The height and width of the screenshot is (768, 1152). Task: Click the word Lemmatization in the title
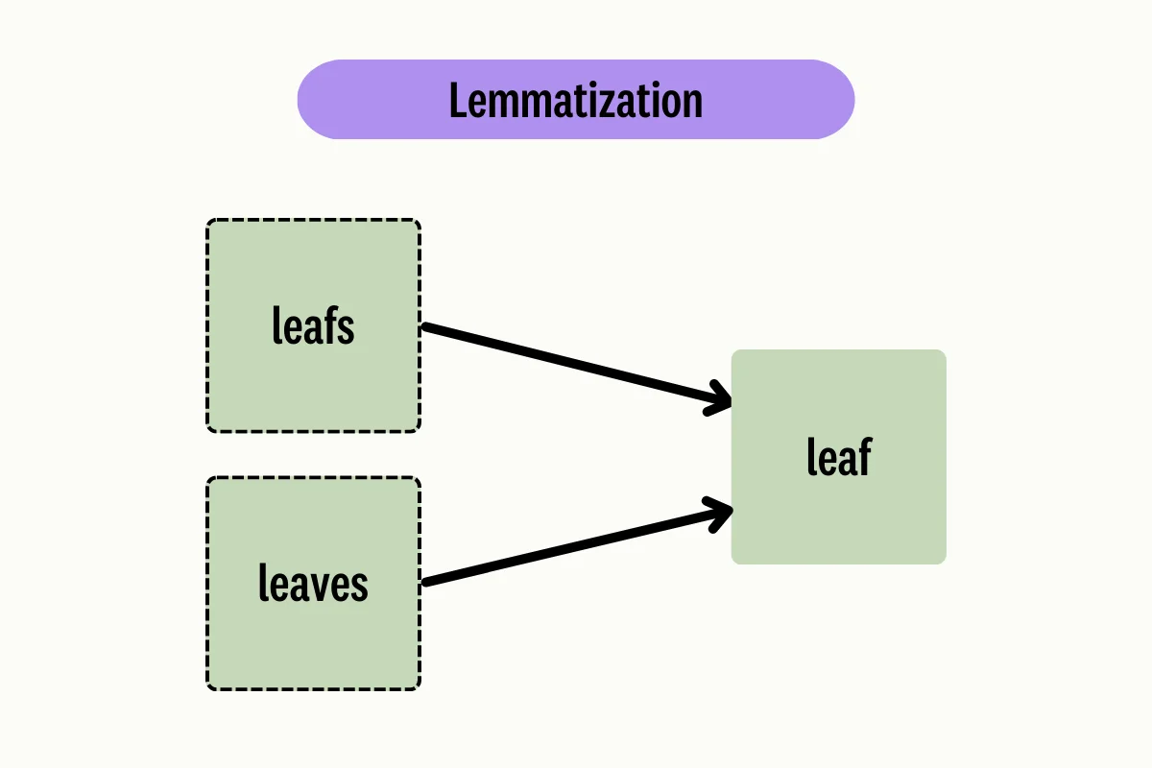pyautogui.click(x=576, y=101)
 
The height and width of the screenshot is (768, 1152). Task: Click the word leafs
pyautogui.click(x=313, y=326)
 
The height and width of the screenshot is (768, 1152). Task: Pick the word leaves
pyautogui.click(x=313, y=584)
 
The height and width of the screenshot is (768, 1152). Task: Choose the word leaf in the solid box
pyautogui.click(x=838, y=457)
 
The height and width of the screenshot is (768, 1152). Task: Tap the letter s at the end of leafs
pyautogui.click(x=347, y=329)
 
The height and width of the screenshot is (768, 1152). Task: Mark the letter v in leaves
pyautogui.click(x=324, y=586)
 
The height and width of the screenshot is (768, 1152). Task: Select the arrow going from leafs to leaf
pyautogui.click(x=576, y=366)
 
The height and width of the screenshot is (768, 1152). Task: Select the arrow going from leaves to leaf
pyautogui.click(x=576, y=544)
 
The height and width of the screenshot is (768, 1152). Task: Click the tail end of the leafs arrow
pyautogui.click(x=427, y=327)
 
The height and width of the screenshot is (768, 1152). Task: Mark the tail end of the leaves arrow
pyautogui.click(x=427, y=582)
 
